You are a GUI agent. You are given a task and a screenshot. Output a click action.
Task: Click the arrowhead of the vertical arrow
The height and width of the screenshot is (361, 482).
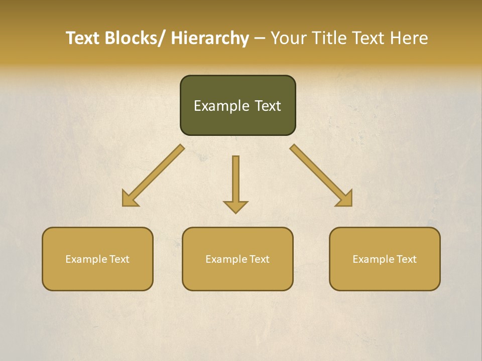pyautogui.click(x=235, y=206)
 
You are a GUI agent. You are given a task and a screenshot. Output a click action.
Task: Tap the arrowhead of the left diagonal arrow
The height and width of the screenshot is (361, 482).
pyautogui.click(x=130, y=199)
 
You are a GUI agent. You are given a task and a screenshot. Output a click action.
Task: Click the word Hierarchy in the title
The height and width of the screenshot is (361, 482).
pyautogui.click(x=210, y=38)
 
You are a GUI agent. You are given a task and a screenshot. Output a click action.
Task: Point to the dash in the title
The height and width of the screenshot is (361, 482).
pyautogui.click(x=260, y=39)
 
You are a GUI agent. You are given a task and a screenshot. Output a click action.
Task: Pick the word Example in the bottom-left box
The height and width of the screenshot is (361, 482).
pyautogui.click(x=86, y=259)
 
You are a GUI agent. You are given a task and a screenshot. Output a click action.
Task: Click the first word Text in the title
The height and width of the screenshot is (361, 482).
pyautogui.click(x=83, y=38)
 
